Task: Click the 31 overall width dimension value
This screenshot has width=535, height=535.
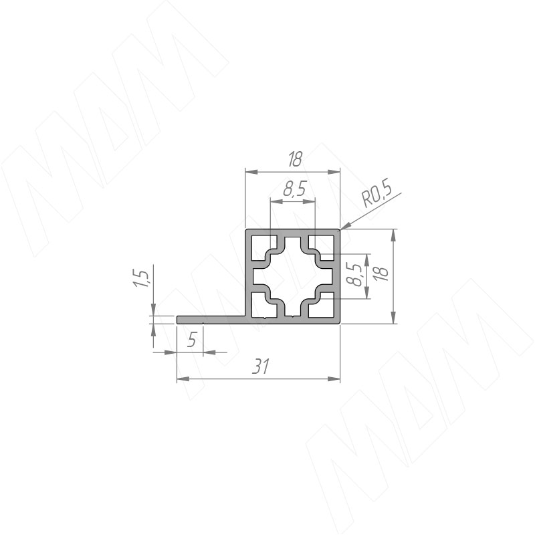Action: pyautogui.click(x=261, y=366)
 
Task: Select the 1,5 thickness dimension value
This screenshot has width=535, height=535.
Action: pyautogui.click(x=142, y=278)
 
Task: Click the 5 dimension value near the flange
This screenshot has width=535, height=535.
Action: pyautogui.click(x=192, y=340)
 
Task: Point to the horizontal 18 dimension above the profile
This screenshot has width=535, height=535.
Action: pyautogui.click(x=294, y=159)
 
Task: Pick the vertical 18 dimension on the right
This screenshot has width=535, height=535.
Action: pyautogui.click(x=381, y=273)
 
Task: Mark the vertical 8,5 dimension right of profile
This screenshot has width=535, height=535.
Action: pyautogui.click(x=354, y=275)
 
